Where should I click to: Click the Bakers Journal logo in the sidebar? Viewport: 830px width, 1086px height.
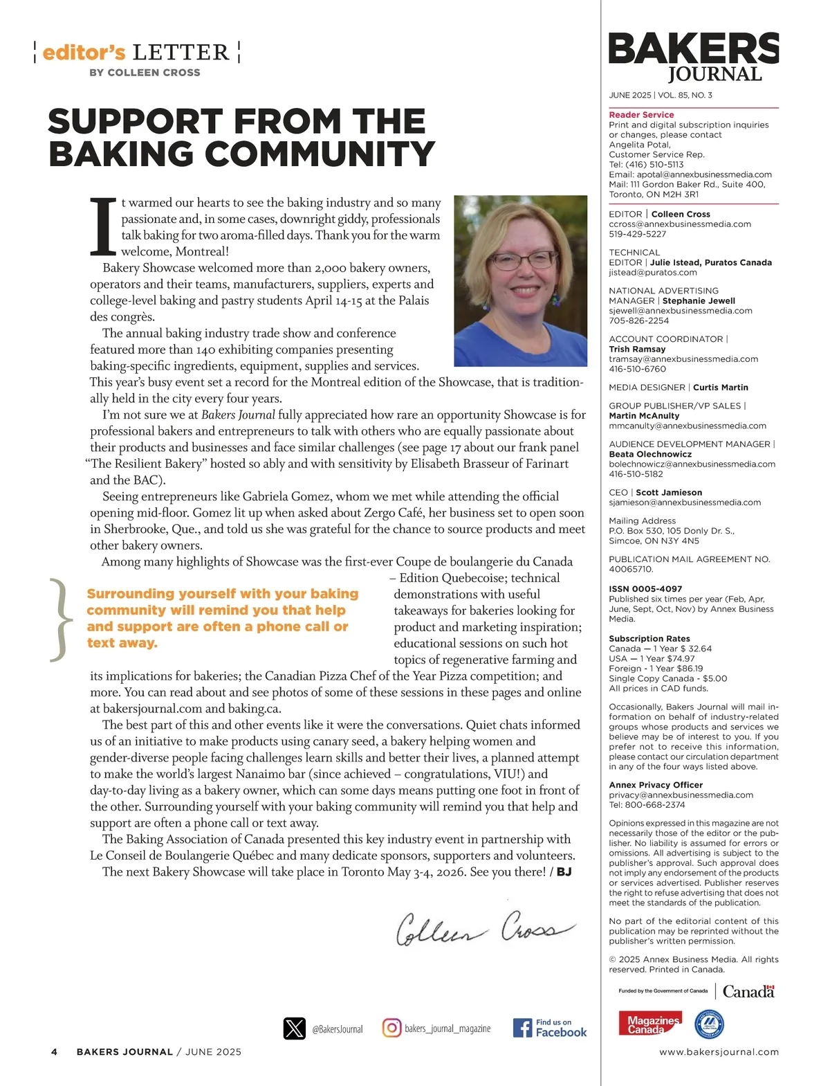click(693, 57)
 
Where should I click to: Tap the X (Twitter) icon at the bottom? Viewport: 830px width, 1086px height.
click(295, 1029)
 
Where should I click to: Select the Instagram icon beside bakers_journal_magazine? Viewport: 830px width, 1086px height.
click(391, 1028)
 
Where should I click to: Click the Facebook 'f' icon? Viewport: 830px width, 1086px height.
click(522, 1028)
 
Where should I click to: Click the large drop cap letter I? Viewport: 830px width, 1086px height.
click(103, 226)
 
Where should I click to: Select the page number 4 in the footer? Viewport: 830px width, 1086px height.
click(55, 1051)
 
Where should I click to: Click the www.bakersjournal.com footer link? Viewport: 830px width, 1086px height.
click(719, 1051)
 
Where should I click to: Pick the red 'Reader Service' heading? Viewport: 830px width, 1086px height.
click(641, 115)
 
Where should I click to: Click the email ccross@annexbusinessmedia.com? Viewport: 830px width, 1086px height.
click(680, 224)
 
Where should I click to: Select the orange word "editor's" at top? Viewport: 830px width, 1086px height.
click(84, 53)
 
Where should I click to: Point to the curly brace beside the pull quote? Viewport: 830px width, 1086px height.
click(60, 619)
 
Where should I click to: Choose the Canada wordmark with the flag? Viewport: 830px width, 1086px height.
click(748, 991)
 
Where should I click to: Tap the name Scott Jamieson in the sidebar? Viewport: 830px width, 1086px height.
click(668, 493)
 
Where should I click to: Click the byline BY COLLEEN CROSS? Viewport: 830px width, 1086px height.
click(145, 73)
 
